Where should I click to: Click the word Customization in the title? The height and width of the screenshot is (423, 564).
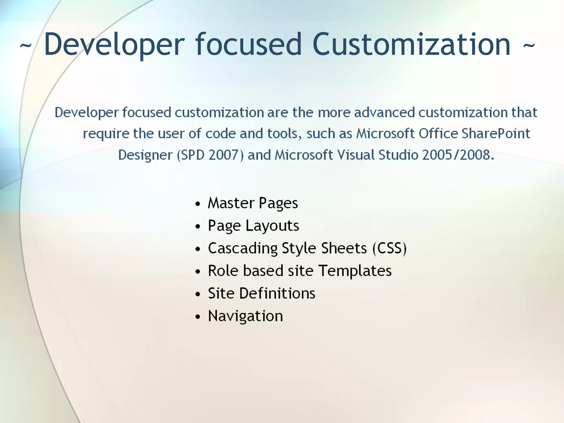coord(411,44)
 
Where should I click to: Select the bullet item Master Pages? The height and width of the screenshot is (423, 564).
coord(253,203)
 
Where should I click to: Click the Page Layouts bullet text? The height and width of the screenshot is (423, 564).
coord(253,226)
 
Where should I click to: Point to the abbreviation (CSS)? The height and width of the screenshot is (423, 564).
coord(389,248)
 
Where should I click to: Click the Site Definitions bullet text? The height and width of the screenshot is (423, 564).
coord(261,293)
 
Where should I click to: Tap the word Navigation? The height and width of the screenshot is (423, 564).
coord(245,316)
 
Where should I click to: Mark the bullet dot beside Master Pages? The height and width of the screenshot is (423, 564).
coord(197,204)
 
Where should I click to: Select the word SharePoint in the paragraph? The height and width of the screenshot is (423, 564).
coord(495,134)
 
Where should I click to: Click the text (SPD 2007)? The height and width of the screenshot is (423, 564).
coord(210,155)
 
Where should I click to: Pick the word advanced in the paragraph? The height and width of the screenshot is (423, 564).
coord(384,112)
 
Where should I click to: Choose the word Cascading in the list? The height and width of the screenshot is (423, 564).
coord(243,249)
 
